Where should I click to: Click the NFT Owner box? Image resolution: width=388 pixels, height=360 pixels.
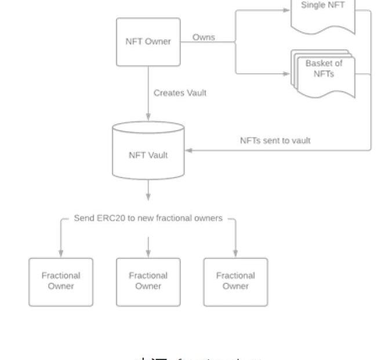[x=148, y=42]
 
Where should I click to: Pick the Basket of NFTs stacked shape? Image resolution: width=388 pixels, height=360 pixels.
[x=323, y=73]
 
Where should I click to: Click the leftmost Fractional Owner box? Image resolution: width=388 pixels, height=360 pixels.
[x=61, y=282]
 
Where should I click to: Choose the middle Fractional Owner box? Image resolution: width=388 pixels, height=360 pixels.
[x=148, y=282]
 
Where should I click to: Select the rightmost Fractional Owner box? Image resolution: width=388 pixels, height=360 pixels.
[x=235, y=282]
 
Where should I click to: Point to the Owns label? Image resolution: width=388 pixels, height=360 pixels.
[x=204, y=37]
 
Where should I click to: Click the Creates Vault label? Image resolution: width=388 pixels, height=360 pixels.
[x=180, y=93]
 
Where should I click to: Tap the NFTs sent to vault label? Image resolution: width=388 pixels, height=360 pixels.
[x=275, y=141]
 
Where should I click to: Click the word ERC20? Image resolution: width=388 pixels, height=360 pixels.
[x=112, y=218]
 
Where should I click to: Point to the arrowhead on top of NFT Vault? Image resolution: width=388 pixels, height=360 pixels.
[x=148, y=117]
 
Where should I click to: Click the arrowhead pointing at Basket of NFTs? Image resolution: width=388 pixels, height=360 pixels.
[x=286, y=74]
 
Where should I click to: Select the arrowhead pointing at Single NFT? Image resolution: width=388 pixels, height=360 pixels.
[x=286, y=9]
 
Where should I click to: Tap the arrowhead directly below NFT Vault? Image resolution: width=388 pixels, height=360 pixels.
[x=148, y=197]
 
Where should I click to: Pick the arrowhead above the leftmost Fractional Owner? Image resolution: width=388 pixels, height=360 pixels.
[x=61, y=254]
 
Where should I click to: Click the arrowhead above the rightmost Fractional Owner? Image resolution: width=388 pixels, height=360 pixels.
[x=235, y=254]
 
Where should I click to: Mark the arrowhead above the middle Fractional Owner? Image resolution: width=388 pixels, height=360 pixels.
[x=148, y=254]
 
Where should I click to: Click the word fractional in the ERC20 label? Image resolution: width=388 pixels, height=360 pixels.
[x=176, y=218]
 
